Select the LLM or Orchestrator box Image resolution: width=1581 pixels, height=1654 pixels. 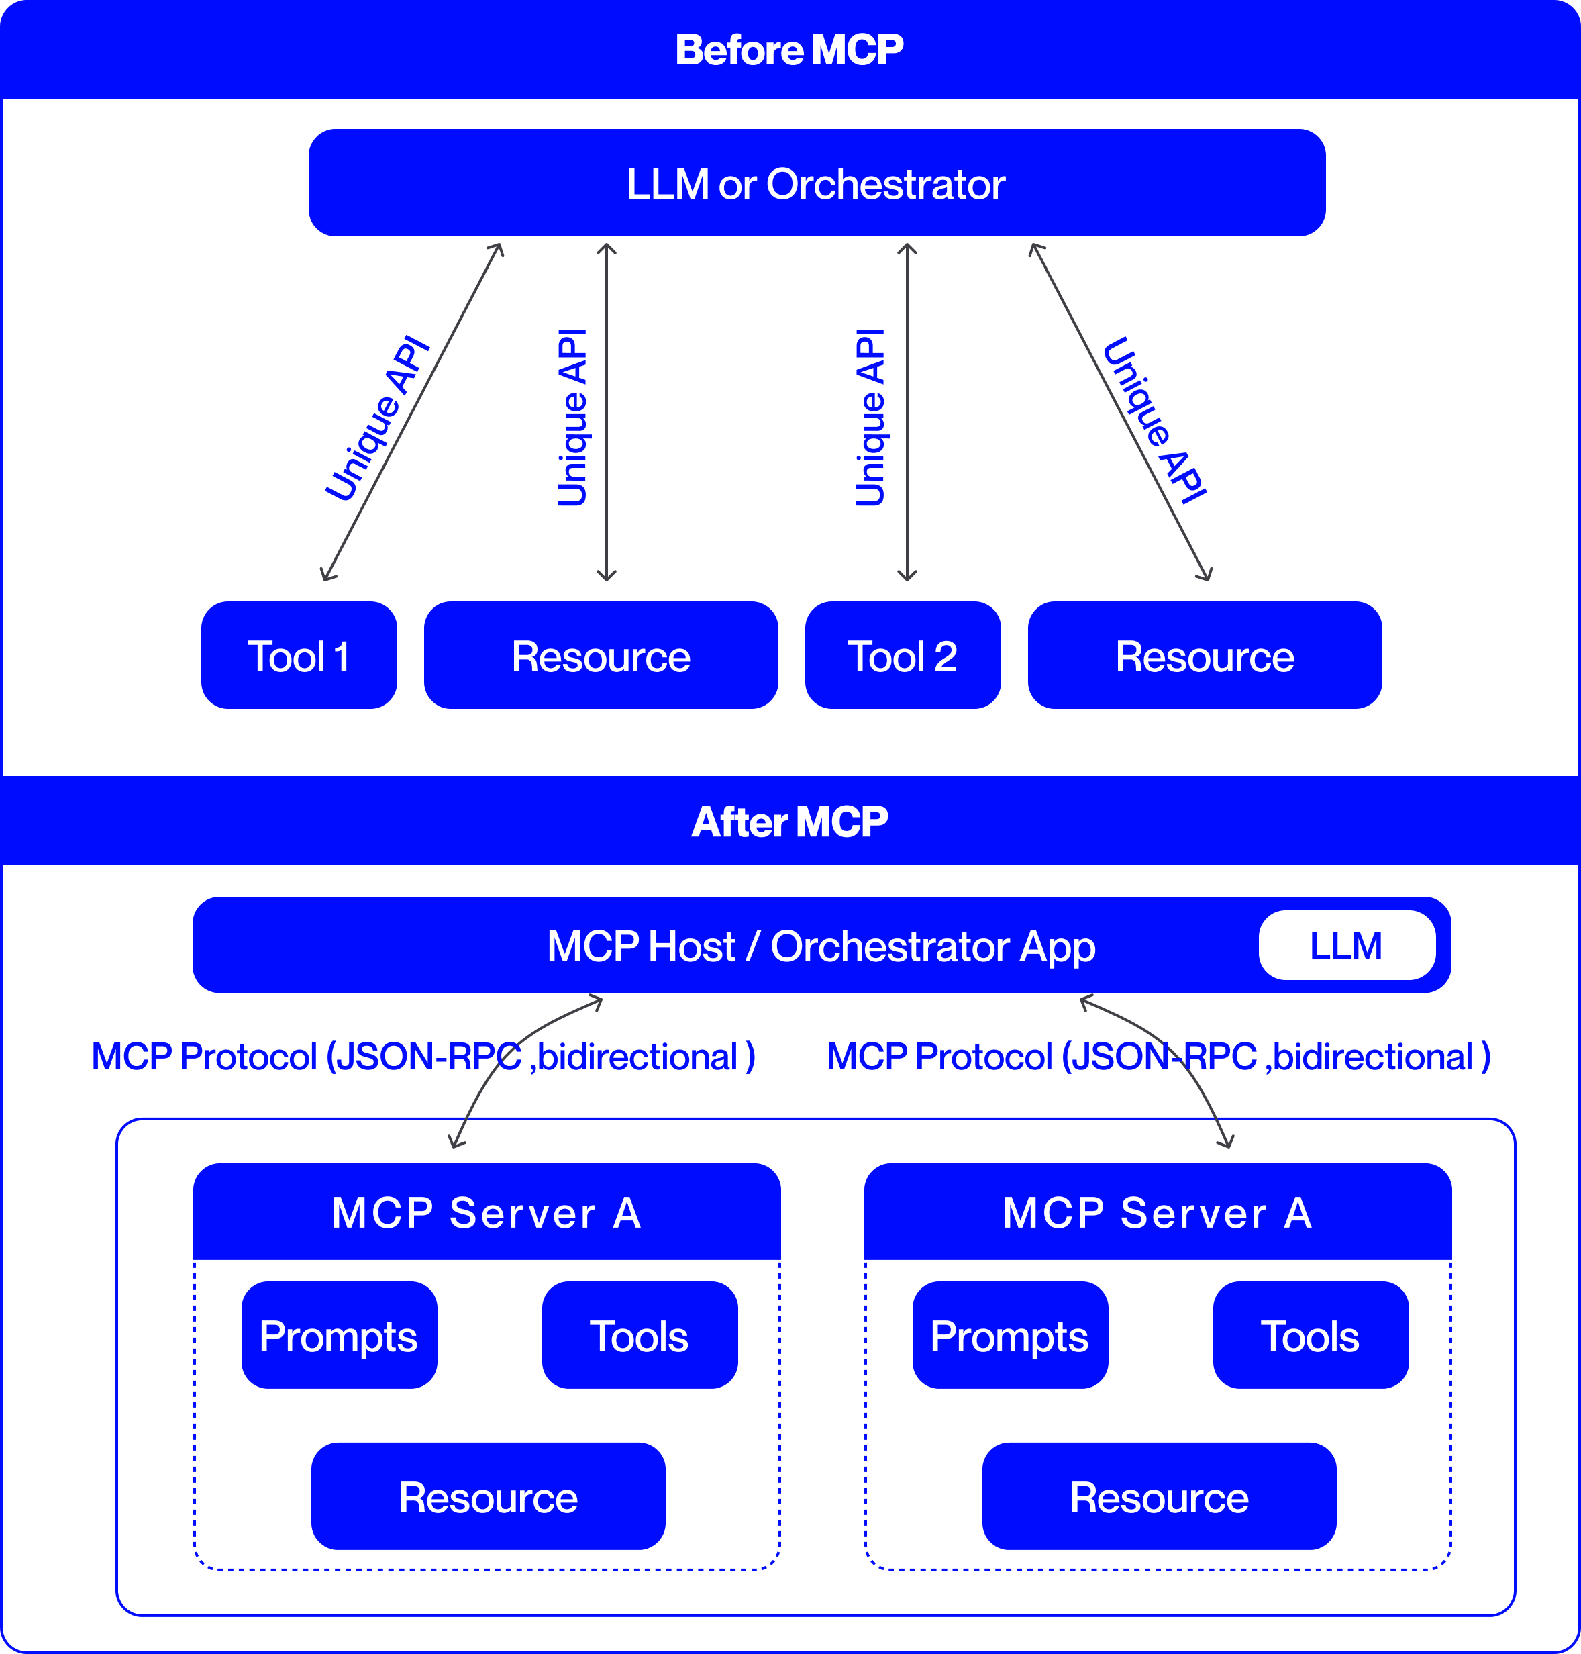tap(816, 183)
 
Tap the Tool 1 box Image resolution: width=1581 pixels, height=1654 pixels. tap(299, 656)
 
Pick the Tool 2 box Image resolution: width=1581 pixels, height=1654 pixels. tap(902, 656)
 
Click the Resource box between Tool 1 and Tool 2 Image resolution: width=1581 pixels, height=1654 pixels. tap(600, 656)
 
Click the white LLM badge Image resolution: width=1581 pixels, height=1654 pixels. tap(1346, 945)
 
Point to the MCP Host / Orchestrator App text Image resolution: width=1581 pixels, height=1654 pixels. tap(821, 946)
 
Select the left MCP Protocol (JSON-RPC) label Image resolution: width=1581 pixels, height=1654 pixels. tap(422, 1057)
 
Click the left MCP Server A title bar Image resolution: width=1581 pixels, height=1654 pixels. tap(487, 1212)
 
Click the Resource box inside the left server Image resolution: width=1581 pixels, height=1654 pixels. tap(488, 1497)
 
